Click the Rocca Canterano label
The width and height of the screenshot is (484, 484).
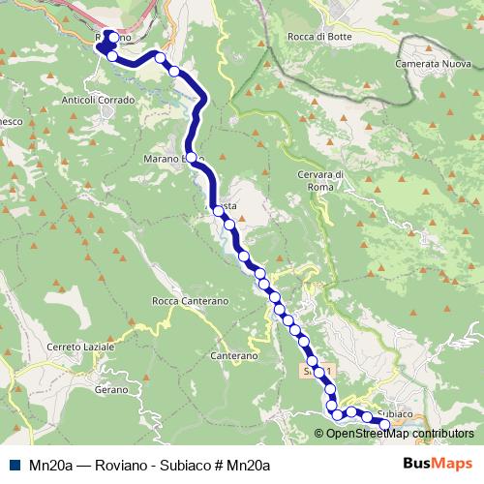(x=190, y=301)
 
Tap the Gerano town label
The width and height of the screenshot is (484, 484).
(x=111, y=389)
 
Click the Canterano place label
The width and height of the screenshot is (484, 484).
(x=233, y=356)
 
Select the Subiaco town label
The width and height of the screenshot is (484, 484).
(x=396, y=413)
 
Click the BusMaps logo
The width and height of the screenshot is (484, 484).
(x=438, y=463)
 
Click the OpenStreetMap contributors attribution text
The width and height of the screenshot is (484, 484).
(x=400, y=434)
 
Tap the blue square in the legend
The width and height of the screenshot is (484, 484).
(x=13, y=464)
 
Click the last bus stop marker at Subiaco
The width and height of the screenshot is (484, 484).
(x=384, y=425)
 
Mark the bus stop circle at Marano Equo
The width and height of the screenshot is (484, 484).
(x=191, y=157)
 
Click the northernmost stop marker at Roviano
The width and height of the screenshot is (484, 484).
(x=113, y=38)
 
